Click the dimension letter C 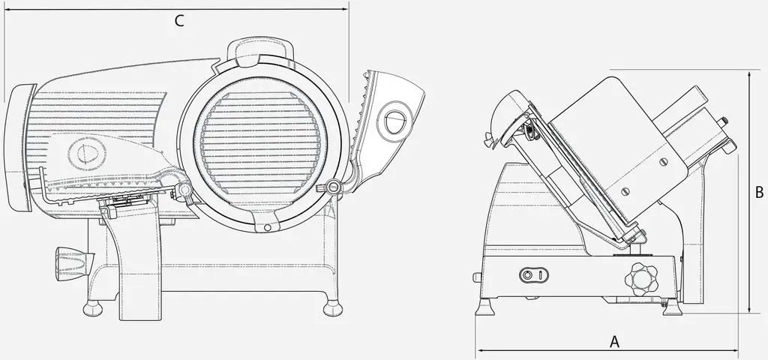pyautogui.click(x=180, y=21)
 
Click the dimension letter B pyautogui.click(x=759, y=193)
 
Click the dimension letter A pyautogui.click(x=614, y=342)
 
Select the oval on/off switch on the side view pyautogui.click(x=533, y=275)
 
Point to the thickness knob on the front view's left pyautogui.click(x=73, y=263)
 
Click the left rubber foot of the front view pyautogui.click(x=92, y=308)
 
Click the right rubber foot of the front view pyautogui.click(x=332, y=308)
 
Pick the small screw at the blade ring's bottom pyautogui.click(x=267, y=228)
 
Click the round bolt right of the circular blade pyautogui.click(x=334, y=187)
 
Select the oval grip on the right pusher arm pyautogui.click(x=394, y=119)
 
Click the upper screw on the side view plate pyautogui.click(x=663, y=162)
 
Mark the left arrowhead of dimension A pyautogui.click(x=479, y=350)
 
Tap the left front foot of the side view pyautogui.click(x=485, y=307)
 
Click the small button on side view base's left pyautogui.click(x=477, y=277)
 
